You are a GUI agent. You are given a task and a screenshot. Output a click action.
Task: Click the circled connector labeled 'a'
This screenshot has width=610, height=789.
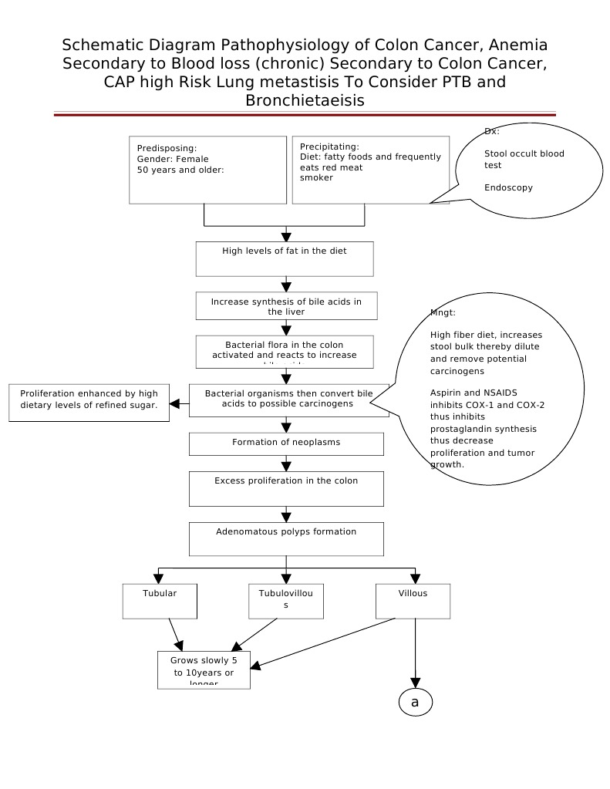pos(415,702)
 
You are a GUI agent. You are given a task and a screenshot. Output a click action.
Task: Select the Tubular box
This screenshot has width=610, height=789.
pos(160,601)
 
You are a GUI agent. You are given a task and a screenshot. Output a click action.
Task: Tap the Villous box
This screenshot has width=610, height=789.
pos(413,601)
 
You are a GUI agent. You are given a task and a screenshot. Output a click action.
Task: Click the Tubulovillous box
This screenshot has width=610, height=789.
pos(286,601)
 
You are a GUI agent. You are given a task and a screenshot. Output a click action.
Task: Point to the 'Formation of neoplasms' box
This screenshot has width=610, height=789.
pos(286,443)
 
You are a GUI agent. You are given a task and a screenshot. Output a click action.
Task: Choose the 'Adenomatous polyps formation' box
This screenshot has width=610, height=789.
pos(286,539)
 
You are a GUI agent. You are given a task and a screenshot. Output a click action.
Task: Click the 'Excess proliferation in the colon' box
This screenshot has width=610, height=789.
pos(286,488)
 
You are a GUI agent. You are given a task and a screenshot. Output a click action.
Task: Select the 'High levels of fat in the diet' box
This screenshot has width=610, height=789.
pos(285,258)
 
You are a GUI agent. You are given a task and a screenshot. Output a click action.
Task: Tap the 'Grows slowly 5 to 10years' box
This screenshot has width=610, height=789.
pos(204,669)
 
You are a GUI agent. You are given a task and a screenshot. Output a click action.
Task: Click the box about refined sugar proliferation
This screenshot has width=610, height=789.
pos(89,403)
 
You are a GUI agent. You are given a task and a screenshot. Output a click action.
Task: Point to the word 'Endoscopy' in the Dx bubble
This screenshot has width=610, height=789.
pos(508,187)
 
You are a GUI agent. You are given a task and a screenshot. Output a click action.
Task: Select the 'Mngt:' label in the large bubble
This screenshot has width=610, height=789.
pos(443,312)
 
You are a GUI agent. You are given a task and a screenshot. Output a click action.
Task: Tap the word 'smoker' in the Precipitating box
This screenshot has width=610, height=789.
pos(316,177)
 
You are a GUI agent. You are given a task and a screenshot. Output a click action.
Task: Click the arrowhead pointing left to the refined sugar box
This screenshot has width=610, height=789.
pos(175,403)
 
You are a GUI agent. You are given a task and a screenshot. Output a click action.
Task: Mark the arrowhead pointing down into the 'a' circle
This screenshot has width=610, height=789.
pos(416,682)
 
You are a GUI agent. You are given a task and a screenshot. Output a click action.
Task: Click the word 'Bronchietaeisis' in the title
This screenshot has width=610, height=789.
pos(305,100)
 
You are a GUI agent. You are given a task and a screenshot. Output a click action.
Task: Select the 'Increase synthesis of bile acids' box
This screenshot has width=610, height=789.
pos(286,306)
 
